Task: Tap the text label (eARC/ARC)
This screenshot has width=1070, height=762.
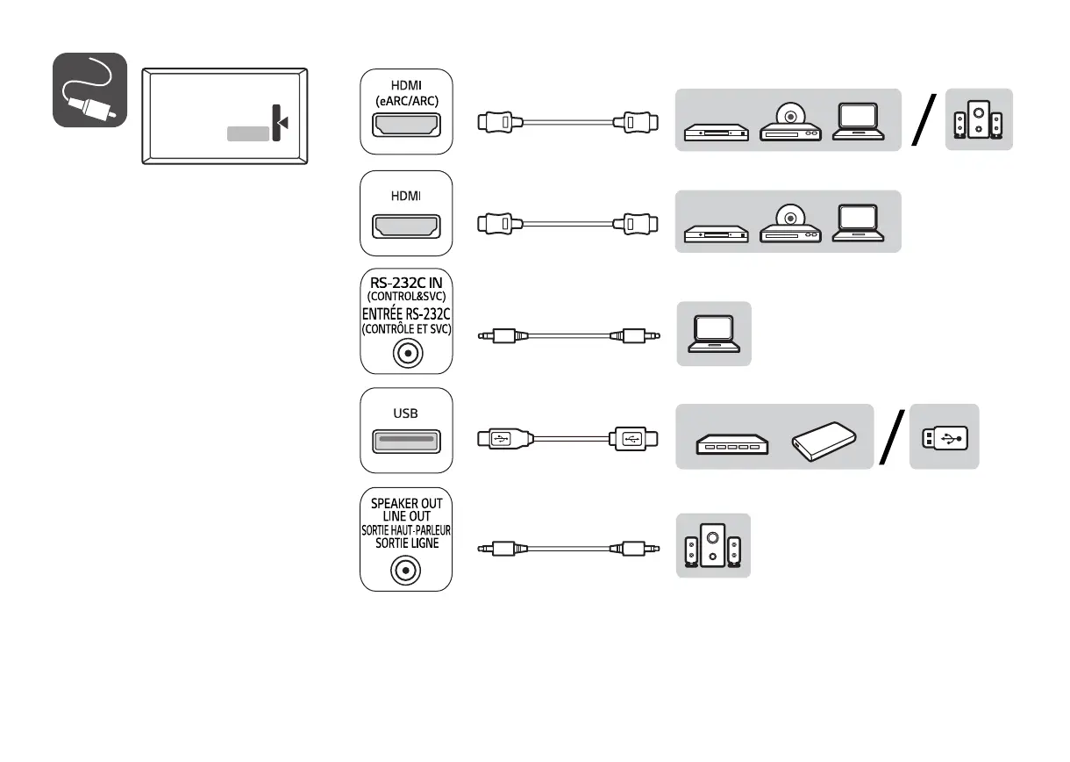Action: [x=406, y=100]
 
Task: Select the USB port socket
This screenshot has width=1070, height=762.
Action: [x=406, y=442]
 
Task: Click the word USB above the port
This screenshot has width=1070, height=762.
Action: [x=406, y=413]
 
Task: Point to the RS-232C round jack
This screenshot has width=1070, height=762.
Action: [x=406, y=354]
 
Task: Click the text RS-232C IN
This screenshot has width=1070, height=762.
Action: [x=406, y=283]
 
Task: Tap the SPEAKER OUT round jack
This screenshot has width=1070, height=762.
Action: [x=406, y=571]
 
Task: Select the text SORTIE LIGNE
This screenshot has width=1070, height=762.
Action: [x=406, y=543]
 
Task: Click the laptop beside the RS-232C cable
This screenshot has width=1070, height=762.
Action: [x=713, y=334]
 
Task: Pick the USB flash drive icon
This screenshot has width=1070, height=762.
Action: [x=945, y=436]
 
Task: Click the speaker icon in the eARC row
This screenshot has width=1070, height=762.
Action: [x=979, y=120]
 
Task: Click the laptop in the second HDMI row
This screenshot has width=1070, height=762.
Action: [x=863, y=223]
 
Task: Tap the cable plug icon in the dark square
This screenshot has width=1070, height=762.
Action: [x=90, y=90]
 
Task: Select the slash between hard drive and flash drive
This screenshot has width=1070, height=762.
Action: [x=893, y=437]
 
